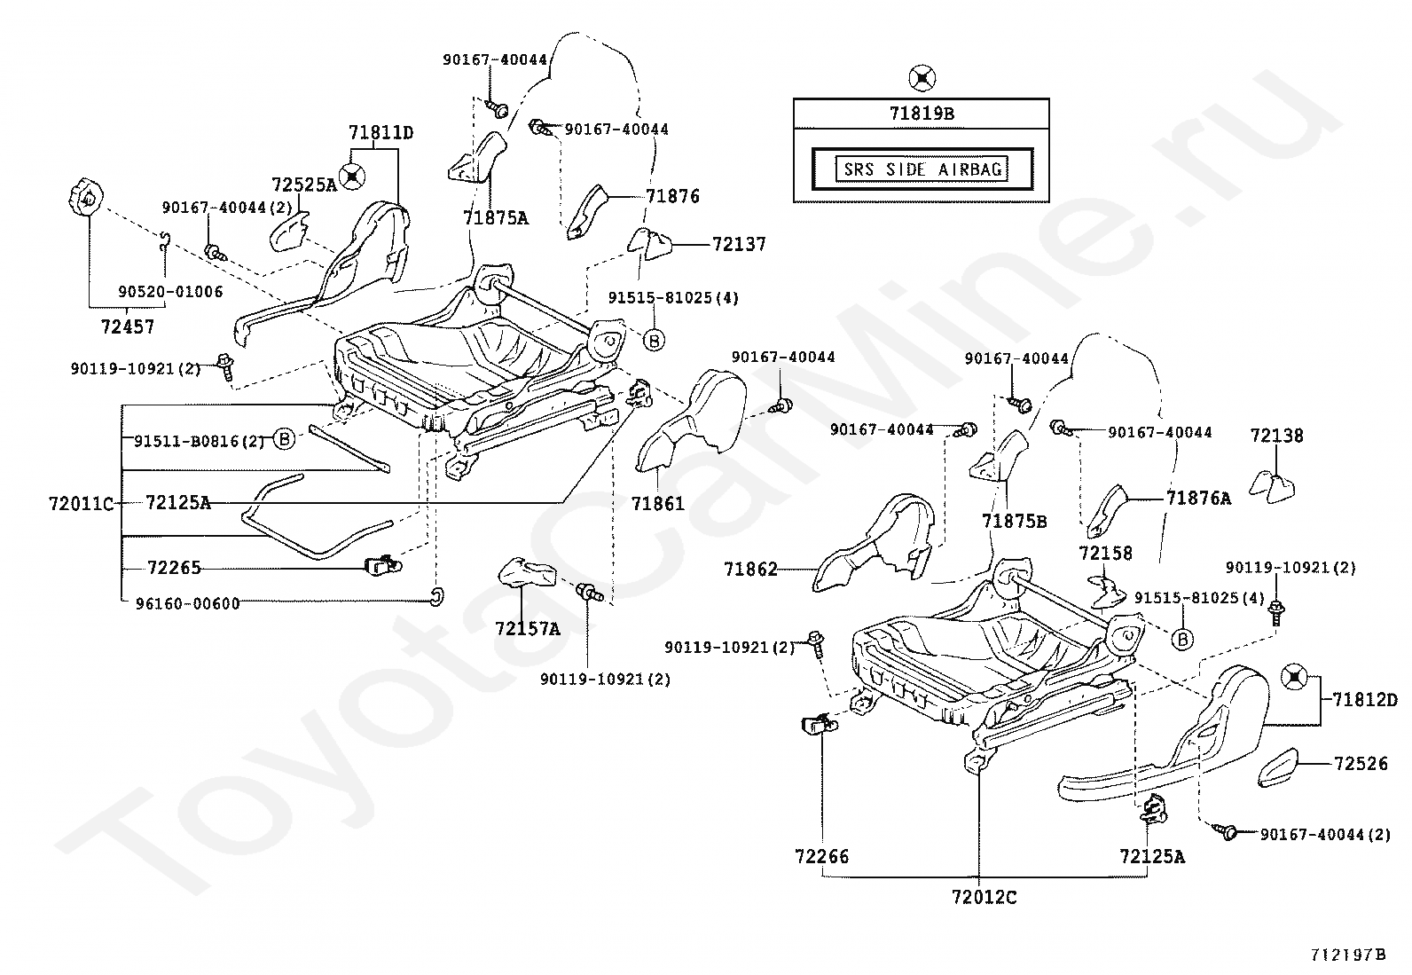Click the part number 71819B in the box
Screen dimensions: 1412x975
pyautogui.click(x=922, y=114)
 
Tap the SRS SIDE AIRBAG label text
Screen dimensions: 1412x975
pyautogui.click(x=922, y=169)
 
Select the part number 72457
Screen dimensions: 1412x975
pyautogui.click(x=128, y=326)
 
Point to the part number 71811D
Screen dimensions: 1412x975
pyautogui.click(x=381, y=132)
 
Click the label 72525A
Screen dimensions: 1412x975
pyautogui.click(x=304, y=185)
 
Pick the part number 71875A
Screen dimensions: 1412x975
pyautogui.click(x=496, y=218)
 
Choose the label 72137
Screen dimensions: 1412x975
pyautogui.click(x=740, y=244)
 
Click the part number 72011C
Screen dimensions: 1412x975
pyautogui.click(x=82, y=504)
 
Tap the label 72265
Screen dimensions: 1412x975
pyautogui.click(x=174, y=568)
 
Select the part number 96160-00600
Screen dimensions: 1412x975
pyautogui.click(x=188, y=603)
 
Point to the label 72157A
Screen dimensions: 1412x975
pyautogui.click(x=528, y=629)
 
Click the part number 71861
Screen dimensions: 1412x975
pyautogui.click(x=658, y=503)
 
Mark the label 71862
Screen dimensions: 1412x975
pyautogui.click(x=750, y=570)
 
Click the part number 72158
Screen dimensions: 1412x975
pyautogui.click(x=1106, y=553)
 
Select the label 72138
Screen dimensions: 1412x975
pyautogui.click(x=1277, y=436)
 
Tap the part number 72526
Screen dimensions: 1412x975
pyautogui.click(x=1361, y=764)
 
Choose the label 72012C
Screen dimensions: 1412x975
pyautogui.click(x=984, y=897)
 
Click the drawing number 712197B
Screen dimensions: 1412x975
pyautogui.click(x=1349, y=955)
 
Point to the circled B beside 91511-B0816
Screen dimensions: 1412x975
pyautogui.click(x=285, y=438)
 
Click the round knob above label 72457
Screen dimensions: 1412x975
pyautogui.click(x=85, y=198)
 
